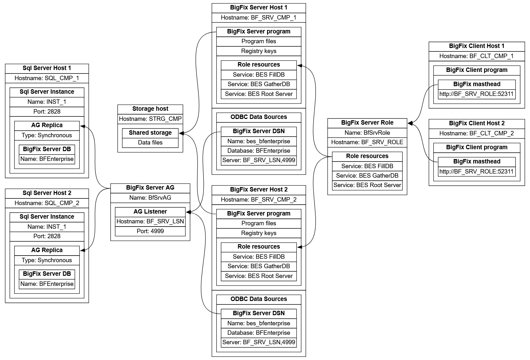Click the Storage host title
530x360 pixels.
150,109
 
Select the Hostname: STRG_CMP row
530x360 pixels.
150,119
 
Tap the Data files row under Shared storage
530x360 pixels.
150,143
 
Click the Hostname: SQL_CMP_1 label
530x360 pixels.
47,78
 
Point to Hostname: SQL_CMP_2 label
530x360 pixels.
47,203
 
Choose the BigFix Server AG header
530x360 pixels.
150,188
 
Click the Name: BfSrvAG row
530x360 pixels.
150,198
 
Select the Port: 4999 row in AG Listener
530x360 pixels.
150,231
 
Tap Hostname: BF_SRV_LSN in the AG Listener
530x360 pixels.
150,221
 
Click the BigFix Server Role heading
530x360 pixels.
367,123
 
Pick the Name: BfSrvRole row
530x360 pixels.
367,133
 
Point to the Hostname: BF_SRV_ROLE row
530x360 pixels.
367,142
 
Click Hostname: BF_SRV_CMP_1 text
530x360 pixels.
259,18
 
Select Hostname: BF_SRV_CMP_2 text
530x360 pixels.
259,200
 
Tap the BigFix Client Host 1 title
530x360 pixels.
476,46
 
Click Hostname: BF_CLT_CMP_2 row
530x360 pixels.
476,133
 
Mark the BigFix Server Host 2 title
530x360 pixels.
259,190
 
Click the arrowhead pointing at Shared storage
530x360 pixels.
181,133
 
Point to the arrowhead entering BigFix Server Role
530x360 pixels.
410,123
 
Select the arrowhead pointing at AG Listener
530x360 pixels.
188,212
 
